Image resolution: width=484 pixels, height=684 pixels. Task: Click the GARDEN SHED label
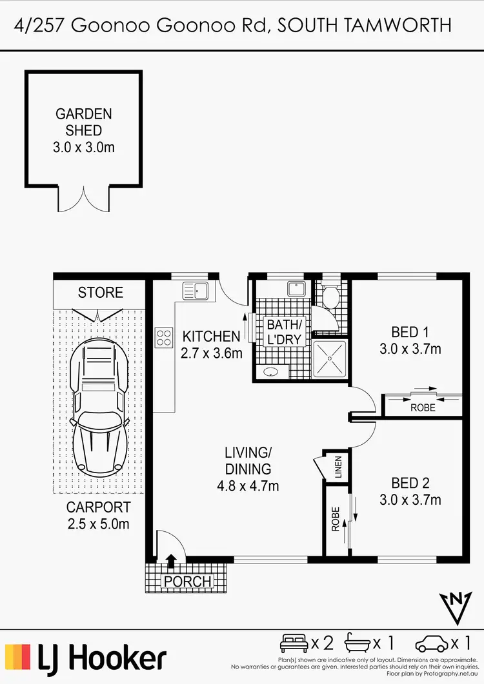pyautogui.click(x=83, y=122)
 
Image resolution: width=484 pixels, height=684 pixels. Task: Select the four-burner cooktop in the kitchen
pyautogui.click(x=164, y=337)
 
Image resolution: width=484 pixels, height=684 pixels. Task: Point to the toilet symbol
pyautogui.click(x=330, y=297)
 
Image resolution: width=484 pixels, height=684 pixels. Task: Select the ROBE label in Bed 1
pyautogui.click(x=423, y=408)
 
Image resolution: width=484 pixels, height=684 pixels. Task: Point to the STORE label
pyautogui.click(x=100, y=293)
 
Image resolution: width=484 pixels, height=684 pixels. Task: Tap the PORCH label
pyautogui.click(x=187, y=581)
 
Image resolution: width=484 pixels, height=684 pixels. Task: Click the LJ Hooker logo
pyautogui.click(x=86, y=658)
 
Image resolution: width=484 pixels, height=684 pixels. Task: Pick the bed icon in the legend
pyautogui.click(x=294, y=642)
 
